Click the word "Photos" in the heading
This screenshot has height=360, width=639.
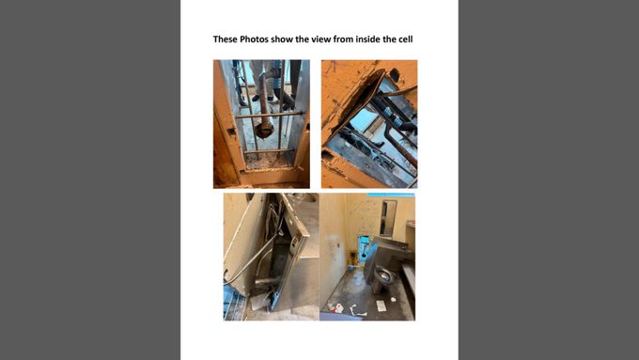pos(255,39)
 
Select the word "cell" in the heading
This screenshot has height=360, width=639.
pos(406,39)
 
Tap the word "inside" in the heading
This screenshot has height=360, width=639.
pos(368,39)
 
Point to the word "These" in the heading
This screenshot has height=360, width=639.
pos(225,39)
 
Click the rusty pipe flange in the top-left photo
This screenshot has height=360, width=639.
pos(264,131)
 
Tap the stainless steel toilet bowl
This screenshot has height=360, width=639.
pos(383,277)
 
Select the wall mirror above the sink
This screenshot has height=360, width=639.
pos(388,218)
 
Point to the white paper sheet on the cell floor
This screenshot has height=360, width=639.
pos(381,305)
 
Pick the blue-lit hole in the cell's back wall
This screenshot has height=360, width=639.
pos(363,249)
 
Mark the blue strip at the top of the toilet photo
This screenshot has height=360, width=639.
pos(391,195)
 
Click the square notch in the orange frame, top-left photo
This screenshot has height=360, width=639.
pos(231,132)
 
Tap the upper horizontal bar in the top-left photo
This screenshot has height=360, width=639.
pos(269,116)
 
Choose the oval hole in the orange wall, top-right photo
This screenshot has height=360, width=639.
pos(394,75)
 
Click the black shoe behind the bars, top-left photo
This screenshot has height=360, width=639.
pos(256,99)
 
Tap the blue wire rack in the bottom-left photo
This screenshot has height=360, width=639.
pos(234,304)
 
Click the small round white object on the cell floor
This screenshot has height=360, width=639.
pos(393,299)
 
